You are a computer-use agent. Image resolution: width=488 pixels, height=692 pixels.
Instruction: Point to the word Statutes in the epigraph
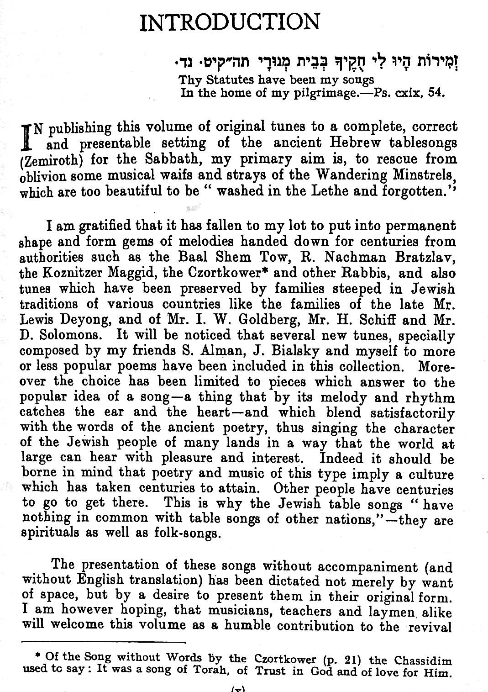point(228,79)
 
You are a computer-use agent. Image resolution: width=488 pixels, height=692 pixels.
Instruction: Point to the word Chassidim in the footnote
point(423,660)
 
